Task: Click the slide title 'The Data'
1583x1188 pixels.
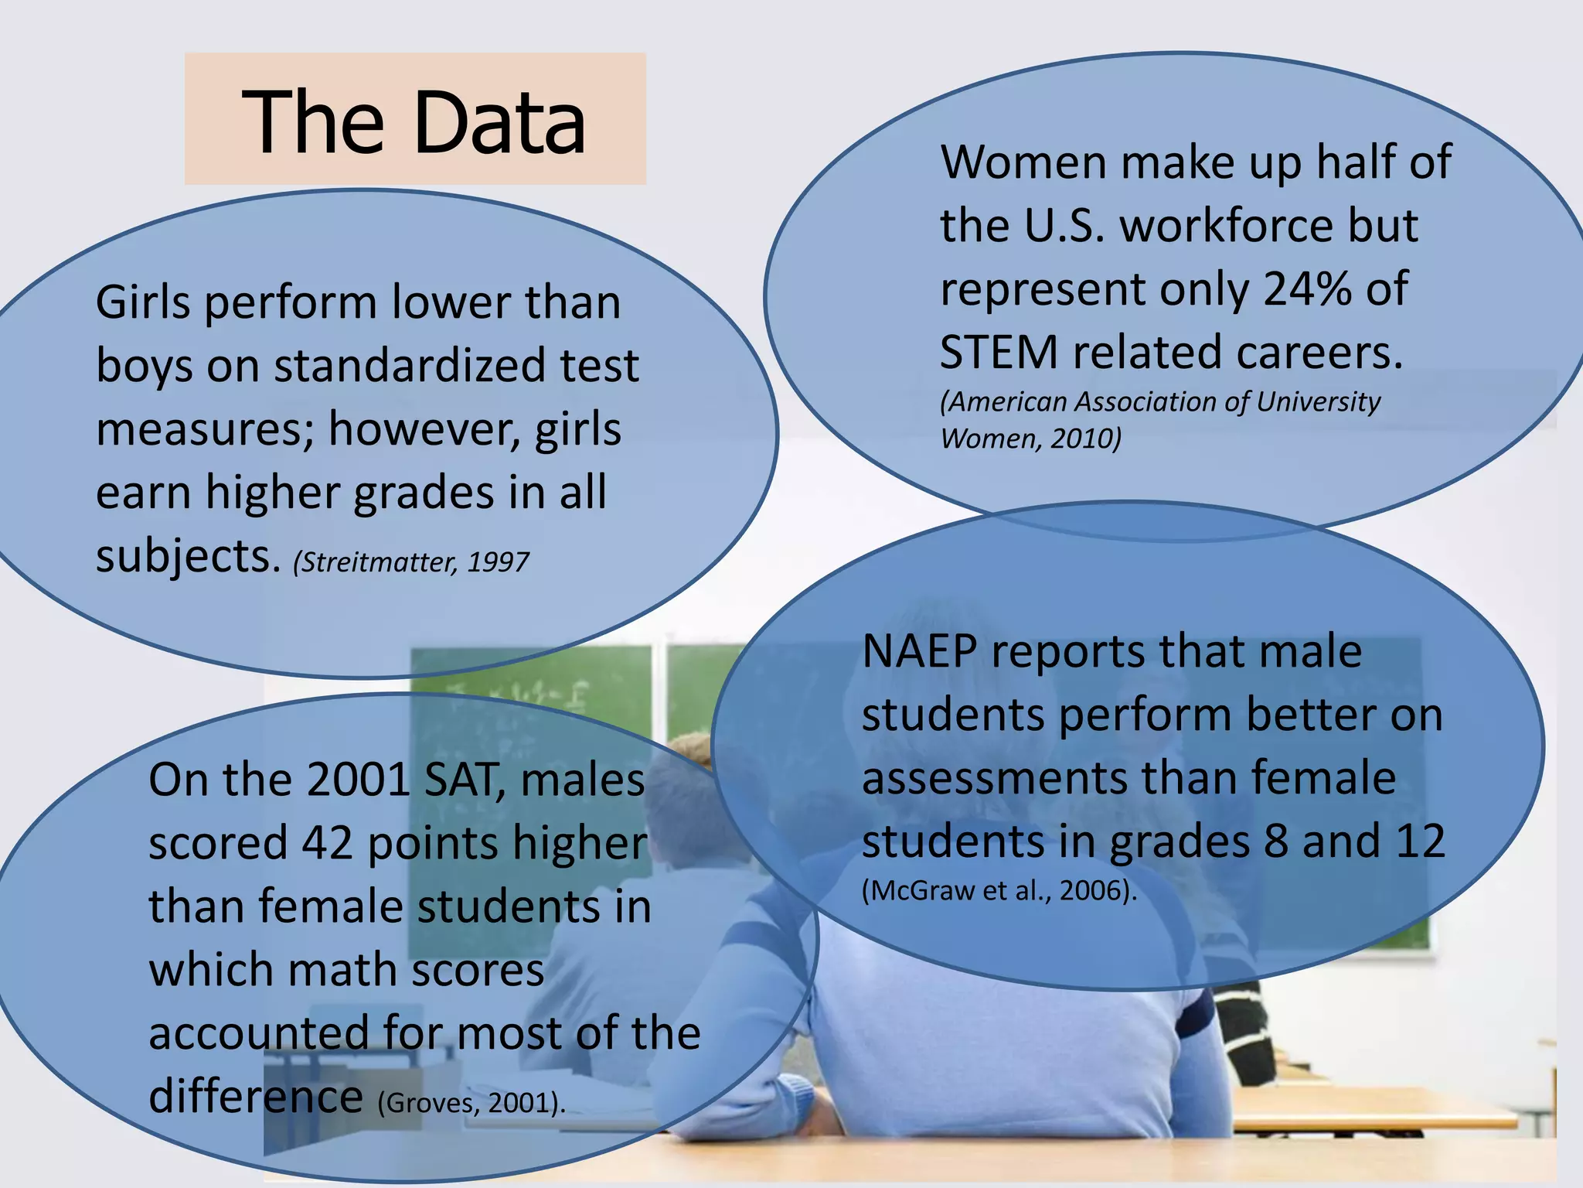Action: tap(414, 121)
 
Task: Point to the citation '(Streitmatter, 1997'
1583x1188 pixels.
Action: tap(411, 562)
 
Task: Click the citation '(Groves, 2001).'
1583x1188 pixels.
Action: tap(471, 1102)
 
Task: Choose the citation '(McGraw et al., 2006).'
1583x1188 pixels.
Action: tap(999, 891)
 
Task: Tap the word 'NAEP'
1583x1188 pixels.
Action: tap(920, 651)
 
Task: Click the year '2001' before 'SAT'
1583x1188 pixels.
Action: tap(358, 780)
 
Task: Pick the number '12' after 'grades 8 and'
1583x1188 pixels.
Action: tap(1421, 841)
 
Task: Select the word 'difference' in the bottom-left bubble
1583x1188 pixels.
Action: tap(255, 1097)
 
